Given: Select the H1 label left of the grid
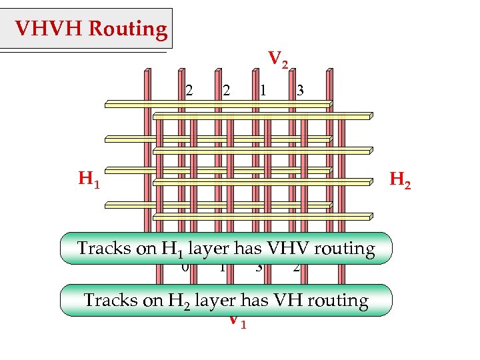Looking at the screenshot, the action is click(89, 179).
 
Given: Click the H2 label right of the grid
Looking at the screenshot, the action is click(399, 179).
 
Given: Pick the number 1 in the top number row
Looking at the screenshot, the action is click(264, 90).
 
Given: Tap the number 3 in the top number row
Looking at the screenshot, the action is click(301, 90).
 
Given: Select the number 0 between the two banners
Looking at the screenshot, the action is click(185, 268).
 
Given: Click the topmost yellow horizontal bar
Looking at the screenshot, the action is click(217, 103).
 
